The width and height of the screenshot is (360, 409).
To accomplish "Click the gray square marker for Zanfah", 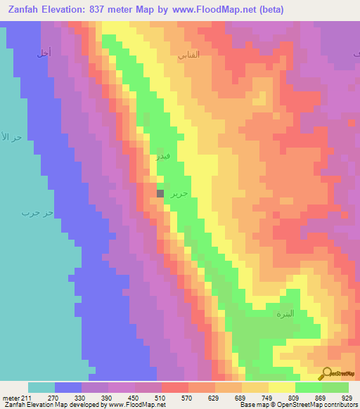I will pos(160,193).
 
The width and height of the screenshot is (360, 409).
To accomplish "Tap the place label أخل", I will pos(44,53).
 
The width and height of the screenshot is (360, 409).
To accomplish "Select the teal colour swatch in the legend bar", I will pos(41,387).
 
